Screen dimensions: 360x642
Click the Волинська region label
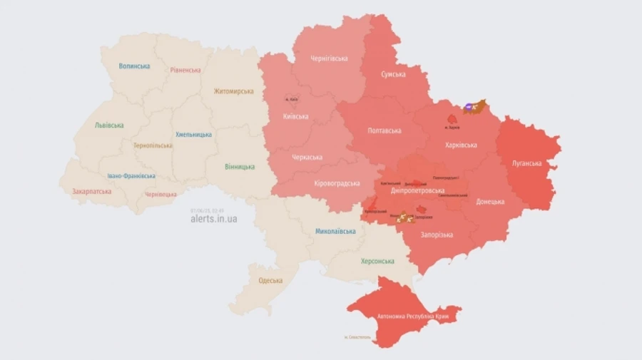coord(134,66)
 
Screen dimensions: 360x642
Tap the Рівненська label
coord(185,70)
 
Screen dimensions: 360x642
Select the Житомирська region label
coord(233,91)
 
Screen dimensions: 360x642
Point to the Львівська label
coord(109,125)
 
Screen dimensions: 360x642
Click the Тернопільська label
coord(153,145)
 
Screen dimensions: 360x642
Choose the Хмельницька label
coord(193,134)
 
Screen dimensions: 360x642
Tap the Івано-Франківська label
coord(131,175)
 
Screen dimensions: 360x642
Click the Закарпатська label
coord(91,191)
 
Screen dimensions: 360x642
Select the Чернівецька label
coord(160,194)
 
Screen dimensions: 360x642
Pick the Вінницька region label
coord(240,166)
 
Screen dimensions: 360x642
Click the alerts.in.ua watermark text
coord(214,219)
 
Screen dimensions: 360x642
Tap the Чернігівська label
coord(329,58)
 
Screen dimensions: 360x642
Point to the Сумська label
coord(393,74)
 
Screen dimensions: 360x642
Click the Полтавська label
coord(384,130)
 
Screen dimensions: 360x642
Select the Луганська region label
coord(526,163)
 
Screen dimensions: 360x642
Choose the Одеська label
coord(270,280)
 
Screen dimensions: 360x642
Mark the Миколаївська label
coord(335,231)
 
